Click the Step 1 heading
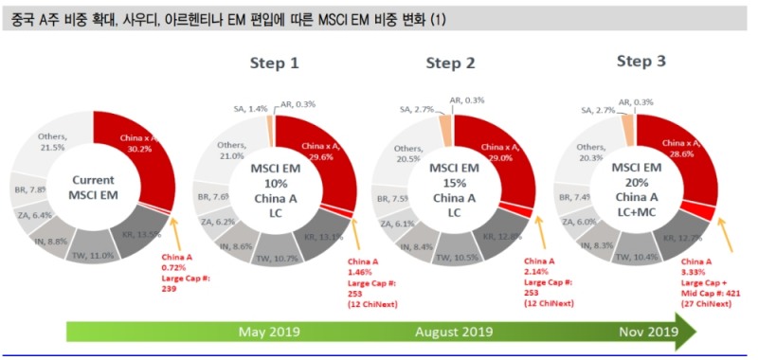274,63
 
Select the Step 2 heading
450,63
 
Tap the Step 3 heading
641,61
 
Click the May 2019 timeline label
270,333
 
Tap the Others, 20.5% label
408,153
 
